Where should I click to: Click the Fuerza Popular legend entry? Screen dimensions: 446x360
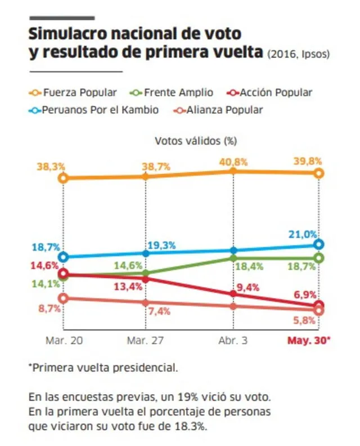pyautogui.click(x=73, y=92)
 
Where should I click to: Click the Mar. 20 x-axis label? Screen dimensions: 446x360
pyautogui.click(x=63, y=341)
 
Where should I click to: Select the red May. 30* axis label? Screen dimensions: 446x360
pyautogui.click(x=309, y=341)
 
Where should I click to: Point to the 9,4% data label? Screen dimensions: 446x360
pyautogui.click(x=246, y=288)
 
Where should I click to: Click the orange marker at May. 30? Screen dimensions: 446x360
pyautogui.click(x=319, y=173)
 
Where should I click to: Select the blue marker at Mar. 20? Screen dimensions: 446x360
pyautogui.click(x=63, y=257)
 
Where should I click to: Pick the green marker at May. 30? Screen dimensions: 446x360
pyautogui.click(x=319, y=258)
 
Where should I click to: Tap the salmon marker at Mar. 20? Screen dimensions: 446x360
pyautogui.click(x=63, y=298)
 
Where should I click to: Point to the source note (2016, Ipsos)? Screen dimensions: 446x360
pyautogui.click(x=299, y=54)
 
